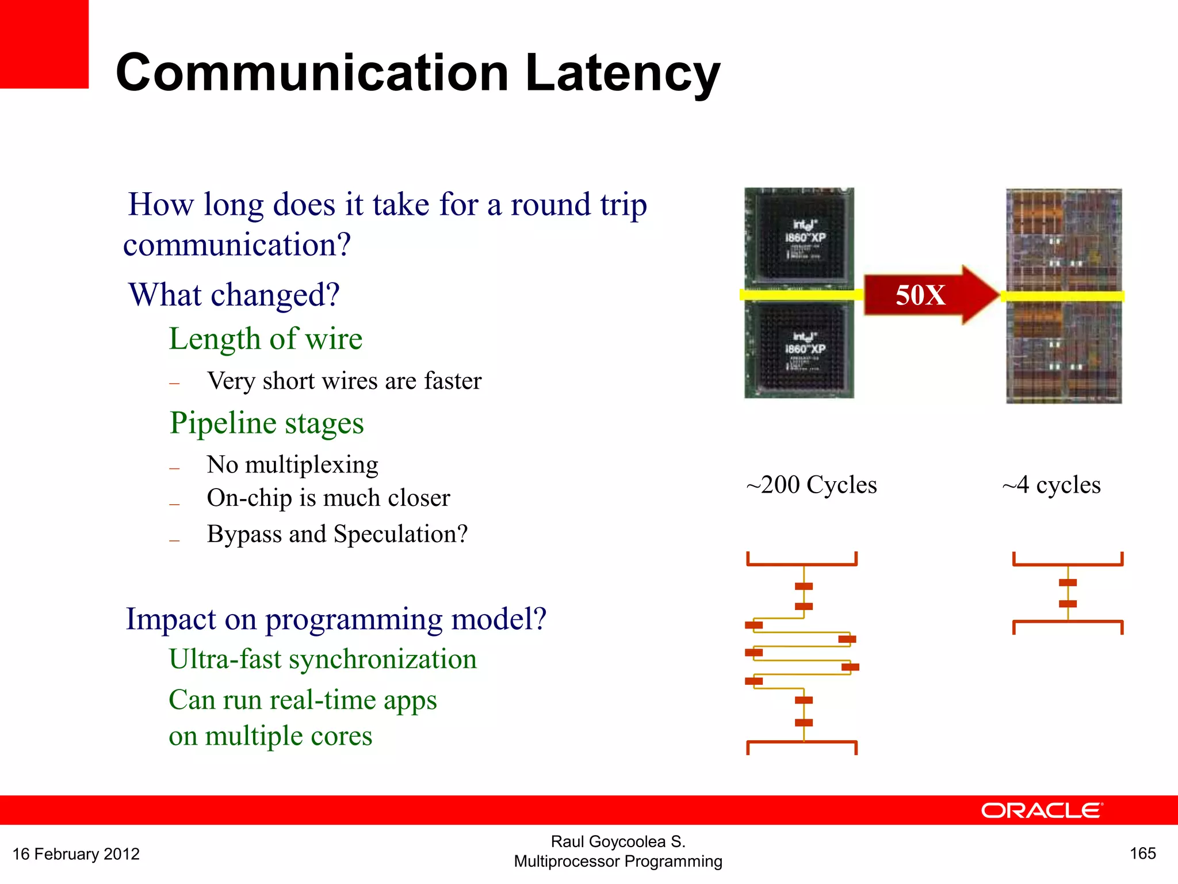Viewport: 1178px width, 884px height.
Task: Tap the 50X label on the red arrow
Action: point(920,295)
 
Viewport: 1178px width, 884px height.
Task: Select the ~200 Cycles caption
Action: point(812,485)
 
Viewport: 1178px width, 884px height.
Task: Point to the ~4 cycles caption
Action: point(1051,485)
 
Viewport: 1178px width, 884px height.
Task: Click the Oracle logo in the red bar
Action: point(1042,810)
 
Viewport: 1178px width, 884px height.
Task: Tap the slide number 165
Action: point(1142,853)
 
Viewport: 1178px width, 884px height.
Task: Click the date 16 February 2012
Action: point(76,854)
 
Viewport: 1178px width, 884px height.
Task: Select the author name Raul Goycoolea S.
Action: point(618,841)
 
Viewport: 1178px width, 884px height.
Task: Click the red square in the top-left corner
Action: point(44,44)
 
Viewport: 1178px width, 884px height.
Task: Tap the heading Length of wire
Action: point(266,338)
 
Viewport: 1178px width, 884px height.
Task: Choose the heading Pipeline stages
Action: point(267,423)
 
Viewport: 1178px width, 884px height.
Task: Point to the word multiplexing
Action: point(312,464)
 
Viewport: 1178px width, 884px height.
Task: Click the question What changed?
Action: point(234,295)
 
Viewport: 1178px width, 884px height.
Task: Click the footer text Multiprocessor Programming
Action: point(618,862)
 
